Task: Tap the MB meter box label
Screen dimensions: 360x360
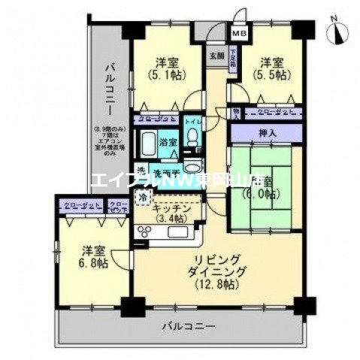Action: [x=238, y=34]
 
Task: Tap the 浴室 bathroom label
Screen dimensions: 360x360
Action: [x=168, y=141]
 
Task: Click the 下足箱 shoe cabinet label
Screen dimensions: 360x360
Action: [x=234, y=57]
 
